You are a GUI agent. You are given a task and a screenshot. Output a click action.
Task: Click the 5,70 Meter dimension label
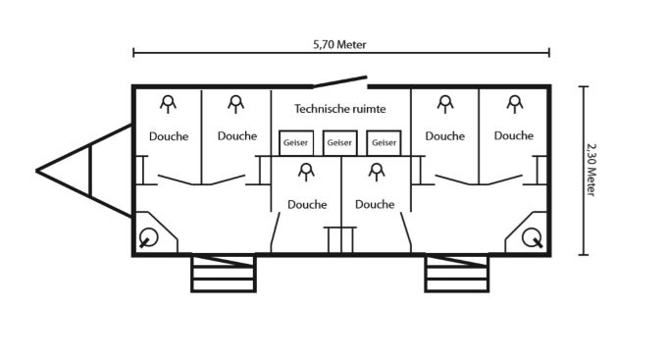(339, 44)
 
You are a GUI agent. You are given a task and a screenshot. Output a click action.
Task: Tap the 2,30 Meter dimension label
(591, 170)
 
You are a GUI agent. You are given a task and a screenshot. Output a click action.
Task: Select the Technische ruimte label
(340, 109)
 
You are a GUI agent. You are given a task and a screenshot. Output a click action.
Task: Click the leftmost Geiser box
(296, 143)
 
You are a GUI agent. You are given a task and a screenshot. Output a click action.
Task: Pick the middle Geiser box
(339, 143)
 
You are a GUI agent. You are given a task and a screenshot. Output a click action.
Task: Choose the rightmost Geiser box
(384, 143)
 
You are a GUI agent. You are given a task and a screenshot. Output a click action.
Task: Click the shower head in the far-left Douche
(168, 104)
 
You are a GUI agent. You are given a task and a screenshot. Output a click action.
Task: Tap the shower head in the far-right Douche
(515, 104)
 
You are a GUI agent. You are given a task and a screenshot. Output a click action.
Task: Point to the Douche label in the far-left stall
(169, 136)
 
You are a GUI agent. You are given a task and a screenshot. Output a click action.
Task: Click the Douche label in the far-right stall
(514, 135)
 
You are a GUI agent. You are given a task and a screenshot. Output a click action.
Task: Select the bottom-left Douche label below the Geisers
(307, 204)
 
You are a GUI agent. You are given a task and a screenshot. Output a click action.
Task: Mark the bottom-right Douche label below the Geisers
(375, 204)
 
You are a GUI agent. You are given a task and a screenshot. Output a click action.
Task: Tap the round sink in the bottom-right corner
(532, 237)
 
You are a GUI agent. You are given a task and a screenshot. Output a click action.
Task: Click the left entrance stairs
(223, 273)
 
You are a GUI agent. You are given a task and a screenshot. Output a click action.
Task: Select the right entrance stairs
(456, 273)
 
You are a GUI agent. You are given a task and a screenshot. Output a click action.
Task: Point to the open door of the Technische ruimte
(339, 81)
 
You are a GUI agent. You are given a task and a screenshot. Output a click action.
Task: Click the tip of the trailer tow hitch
(36, 171)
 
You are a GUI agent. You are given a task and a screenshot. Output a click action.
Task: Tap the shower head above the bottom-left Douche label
(306, 172)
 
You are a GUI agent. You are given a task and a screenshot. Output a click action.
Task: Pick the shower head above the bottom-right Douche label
(377, 172)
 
